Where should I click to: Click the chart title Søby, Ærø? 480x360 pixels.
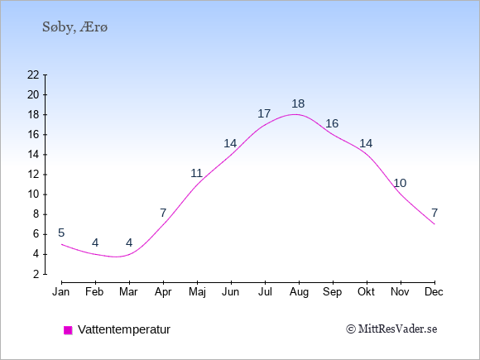(75, 27)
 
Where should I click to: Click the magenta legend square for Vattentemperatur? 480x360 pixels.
(68, 330)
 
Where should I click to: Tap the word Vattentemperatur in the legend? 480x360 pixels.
(124, 329)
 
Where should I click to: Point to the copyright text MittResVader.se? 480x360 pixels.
(391, 329)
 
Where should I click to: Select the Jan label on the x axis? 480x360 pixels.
(61, 292)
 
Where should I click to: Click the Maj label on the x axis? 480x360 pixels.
(197, 292)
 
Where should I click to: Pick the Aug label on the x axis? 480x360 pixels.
(299, 293)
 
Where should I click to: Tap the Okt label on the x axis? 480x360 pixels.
(366, 292)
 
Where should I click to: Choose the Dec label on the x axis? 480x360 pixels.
(434, 292)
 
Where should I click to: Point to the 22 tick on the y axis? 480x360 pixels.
(33, 74)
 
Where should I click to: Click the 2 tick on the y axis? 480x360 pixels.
(36, 274)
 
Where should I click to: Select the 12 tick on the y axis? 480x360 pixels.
(33, 175)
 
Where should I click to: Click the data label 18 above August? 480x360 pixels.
(298, 103)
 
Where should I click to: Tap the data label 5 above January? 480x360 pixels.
(61, 233)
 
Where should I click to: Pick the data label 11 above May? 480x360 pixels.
(196, 173)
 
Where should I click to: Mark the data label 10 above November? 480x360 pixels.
(400, 183)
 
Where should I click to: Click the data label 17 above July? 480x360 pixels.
(264, 113)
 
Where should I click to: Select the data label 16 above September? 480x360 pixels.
(332, 123)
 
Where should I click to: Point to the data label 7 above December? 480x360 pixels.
(434, 213)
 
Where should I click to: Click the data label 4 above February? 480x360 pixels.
(95, 243)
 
